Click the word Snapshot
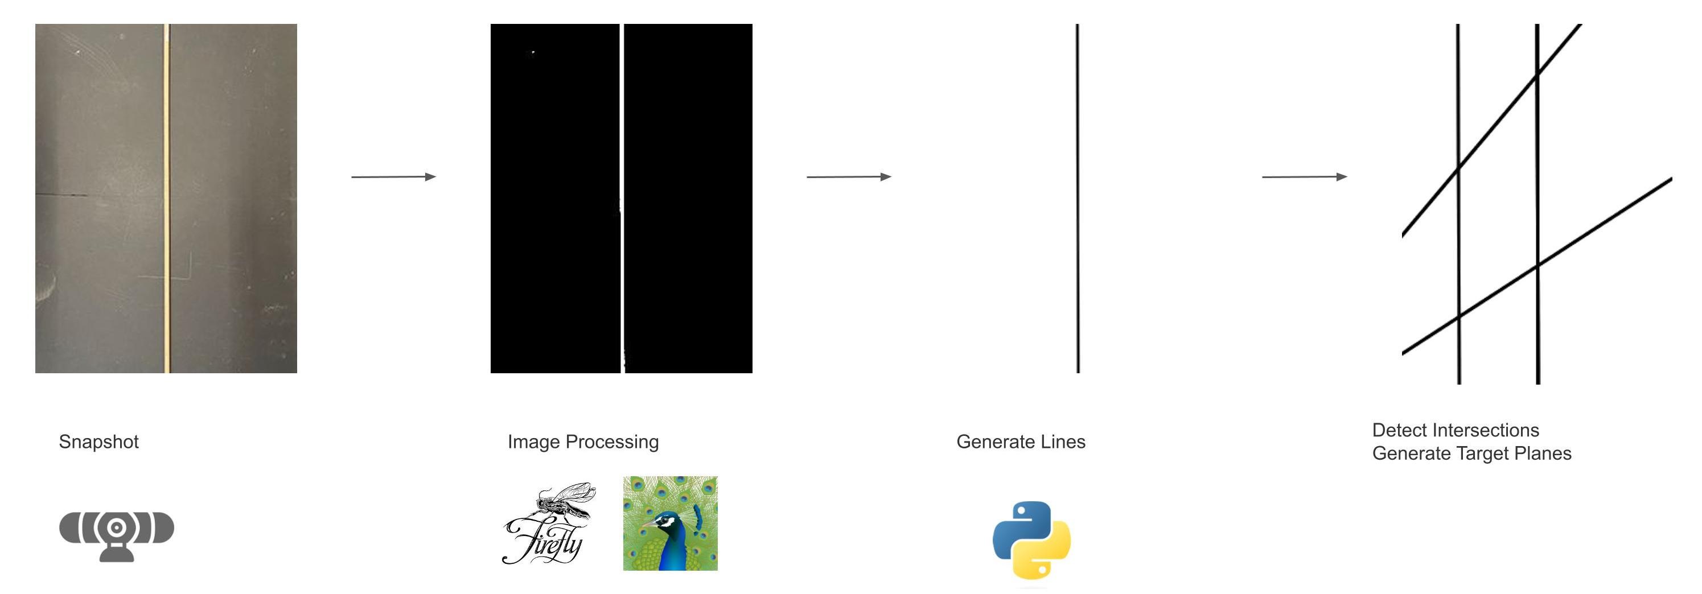[98, 442]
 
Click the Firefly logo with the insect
[548, 523]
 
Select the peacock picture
[670, 523]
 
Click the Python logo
[1031, 540]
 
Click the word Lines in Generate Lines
[1062, 442]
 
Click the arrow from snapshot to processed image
[393, 176]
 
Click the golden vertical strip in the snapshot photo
[167, 198]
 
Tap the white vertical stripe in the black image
[622, 132]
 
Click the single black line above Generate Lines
[1078, 198]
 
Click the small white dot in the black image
[533, 53]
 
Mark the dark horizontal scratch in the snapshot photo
[63, 194]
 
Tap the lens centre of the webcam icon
[116, 527]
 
